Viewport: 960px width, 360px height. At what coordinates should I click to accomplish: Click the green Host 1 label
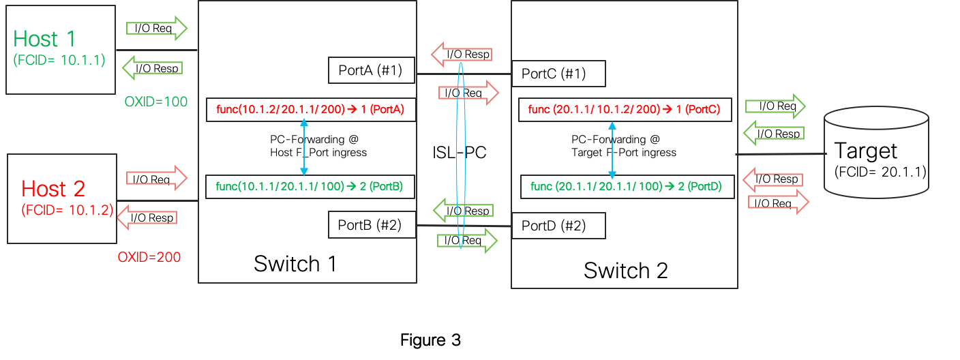pos(44,39)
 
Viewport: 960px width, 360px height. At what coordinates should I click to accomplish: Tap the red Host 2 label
pos(53,189)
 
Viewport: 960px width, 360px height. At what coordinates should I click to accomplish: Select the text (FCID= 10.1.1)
pos(59,60)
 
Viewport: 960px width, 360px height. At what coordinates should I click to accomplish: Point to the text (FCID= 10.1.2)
pos(67,209)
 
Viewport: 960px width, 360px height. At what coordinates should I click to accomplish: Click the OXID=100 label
pos(156,102)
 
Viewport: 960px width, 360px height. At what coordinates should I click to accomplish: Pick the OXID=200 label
pos(149,257)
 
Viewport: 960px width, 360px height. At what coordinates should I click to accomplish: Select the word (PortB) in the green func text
pos(387,185)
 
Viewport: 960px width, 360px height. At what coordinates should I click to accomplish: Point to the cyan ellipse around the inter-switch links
pos(461,155)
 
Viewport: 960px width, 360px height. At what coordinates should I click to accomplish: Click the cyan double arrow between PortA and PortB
pos(303,147)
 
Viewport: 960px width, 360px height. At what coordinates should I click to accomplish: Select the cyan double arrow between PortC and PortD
pos(612,151)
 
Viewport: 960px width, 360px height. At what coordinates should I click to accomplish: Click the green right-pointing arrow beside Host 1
pos(156,29)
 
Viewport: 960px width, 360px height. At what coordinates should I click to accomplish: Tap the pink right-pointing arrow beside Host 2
pos(156,178)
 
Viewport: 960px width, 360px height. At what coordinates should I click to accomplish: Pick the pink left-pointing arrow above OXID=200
pos(147,218)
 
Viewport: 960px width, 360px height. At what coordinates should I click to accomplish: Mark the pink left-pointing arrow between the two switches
pos(462,55)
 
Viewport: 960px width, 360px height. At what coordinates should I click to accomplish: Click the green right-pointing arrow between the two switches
pos(467,240)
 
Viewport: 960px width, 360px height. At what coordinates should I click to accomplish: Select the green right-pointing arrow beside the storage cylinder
pos(775,106)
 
